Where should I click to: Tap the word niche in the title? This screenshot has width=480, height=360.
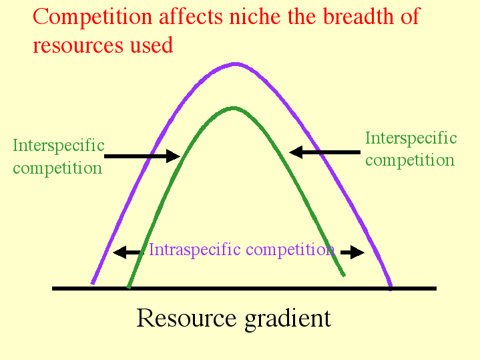point(255,16)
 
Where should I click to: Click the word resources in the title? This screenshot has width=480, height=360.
point(77,45)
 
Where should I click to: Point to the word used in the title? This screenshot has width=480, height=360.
point(152,45)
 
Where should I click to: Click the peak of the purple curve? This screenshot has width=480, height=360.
point(236,64)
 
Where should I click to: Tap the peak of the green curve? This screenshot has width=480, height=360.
point(234,108)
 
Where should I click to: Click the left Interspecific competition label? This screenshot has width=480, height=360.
point(58,156)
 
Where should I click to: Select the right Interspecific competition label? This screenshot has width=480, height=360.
point(411,149)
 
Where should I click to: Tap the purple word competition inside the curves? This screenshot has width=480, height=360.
point(290,250)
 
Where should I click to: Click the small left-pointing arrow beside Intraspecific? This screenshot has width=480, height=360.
point(127,252)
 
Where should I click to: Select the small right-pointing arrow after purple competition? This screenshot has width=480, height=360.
point(352,252)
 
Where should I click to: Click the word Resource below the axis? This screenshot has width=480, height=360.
point(186,318)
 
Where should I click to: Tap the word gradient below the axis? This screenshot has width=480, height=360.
point(288,319)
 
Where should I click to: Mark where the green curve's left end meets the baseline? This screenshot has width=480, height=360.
point(129,287)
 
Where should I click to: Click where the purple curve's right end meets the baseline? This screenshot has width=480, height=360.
point(391,288)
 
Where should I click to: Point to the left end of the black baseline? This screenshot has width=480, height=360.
point(52,289)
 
